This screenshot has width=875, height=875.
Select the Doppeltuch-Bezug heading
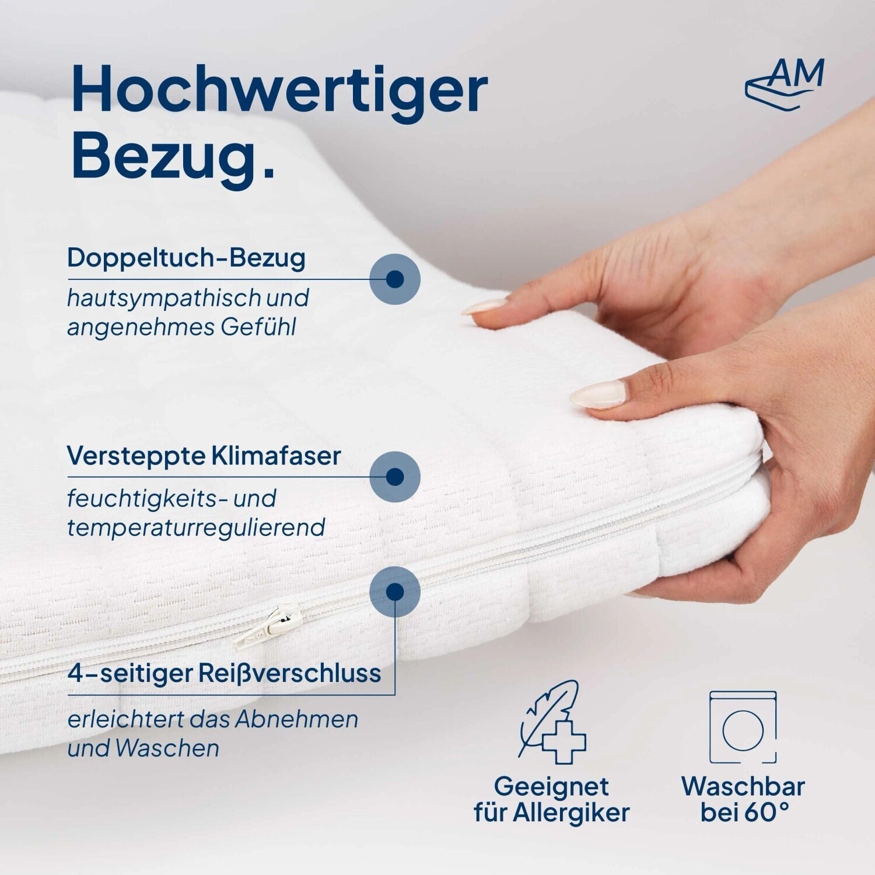point(186,257)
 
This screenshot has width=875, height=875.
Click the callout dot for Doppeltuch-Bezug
point(395,279)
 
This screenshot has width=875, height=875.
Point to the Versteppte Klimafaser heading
point(204,456)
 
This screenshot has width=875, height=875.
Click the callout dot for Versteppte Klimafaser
point(395,476)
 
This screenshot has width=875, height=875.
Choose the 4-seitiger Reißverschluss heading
point(225,673)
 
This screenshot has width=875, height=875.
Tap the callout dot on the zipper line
point(395,591)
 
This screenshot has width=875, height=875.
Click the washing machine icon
point(743,727)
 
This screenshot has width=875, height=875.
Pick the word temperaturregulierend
point(196,527)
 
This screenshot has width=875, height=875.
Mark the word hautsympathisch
point(164,298)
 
